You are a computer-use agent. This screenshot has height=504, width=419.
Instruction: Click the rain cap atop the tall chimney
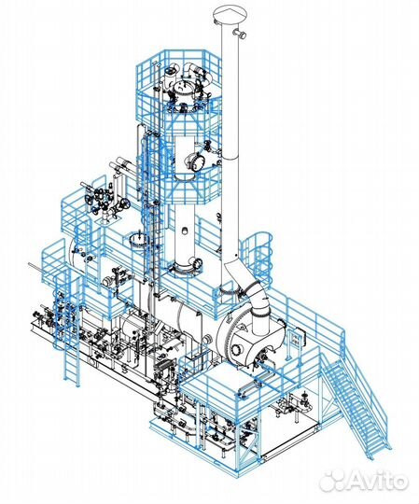[230, 15]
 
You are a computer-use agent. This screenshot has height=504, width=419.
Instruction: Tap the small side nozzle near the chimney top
[241, 33]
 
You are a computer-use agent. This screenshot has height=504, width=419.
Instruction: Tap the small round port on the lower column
[185, 231]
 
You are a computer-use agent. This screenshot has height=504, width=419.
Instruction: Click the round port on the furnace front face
[237, 349]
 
